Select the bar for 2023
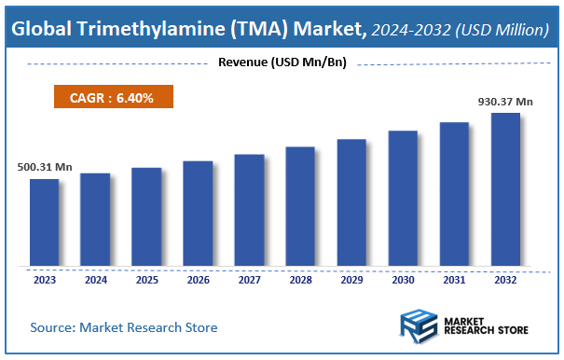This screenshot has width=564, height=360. pos(44,222)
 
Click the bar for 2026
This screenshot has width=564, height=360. pos(198,213)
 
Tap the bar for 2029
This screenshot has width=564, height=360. pos(351,202)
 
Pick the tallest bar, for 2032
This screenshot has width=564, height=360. pos(505,189)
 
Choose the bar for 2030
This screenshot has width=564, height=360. pos(403,198)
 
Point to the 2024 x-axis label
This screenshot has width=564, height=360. pos(95,279)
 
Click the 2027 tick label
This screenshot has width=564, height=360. pos(249,279)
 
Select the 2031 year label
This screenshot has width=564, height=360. pos(454,279)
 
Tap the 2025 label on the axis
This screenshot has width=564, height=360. pos(146,279)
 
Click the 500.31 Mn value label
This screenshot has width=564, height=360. pos(45,167)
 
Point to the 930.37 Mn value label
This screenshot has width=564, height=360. pos(505,101)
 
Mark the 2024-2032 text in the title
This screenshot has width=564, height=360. pos(406,31)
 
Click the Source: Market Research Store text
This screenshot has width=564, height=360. pos(124,327)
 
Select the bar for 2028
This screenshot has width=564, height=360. pos(300,206)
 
